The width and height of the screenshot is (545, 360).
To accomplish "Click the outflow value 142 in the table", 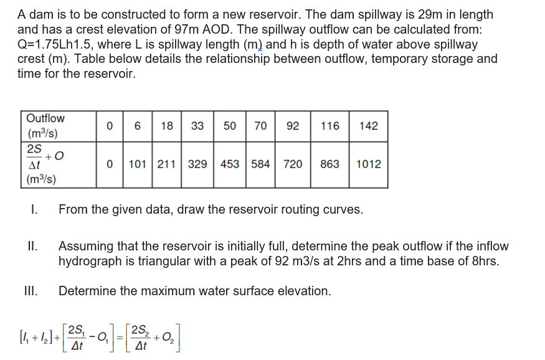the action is [369, 126].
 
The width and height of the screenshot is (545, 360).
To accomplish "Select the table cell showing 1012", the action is [369, 164].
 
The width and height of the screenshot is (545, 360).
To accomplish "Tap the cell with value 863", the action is [329, 164].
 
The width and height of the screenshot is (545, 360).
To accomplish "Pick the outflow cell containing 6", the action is [136, 126].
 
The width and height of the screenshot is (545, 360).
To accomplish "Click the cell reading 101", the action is [136, 164].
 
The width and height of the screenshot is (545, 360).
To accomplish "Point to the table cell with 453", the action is [229, 164].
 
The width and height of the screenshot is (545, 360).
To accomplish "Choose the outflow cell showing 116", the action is [329, 126].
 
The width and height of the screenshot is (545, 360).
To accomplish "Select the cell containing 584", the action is [260, 164].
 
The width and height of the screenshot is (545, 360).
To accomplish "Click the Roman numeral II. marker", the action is [34, 247].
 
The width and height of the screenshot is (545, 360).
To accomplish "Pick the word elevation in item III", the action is [305, 291].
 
